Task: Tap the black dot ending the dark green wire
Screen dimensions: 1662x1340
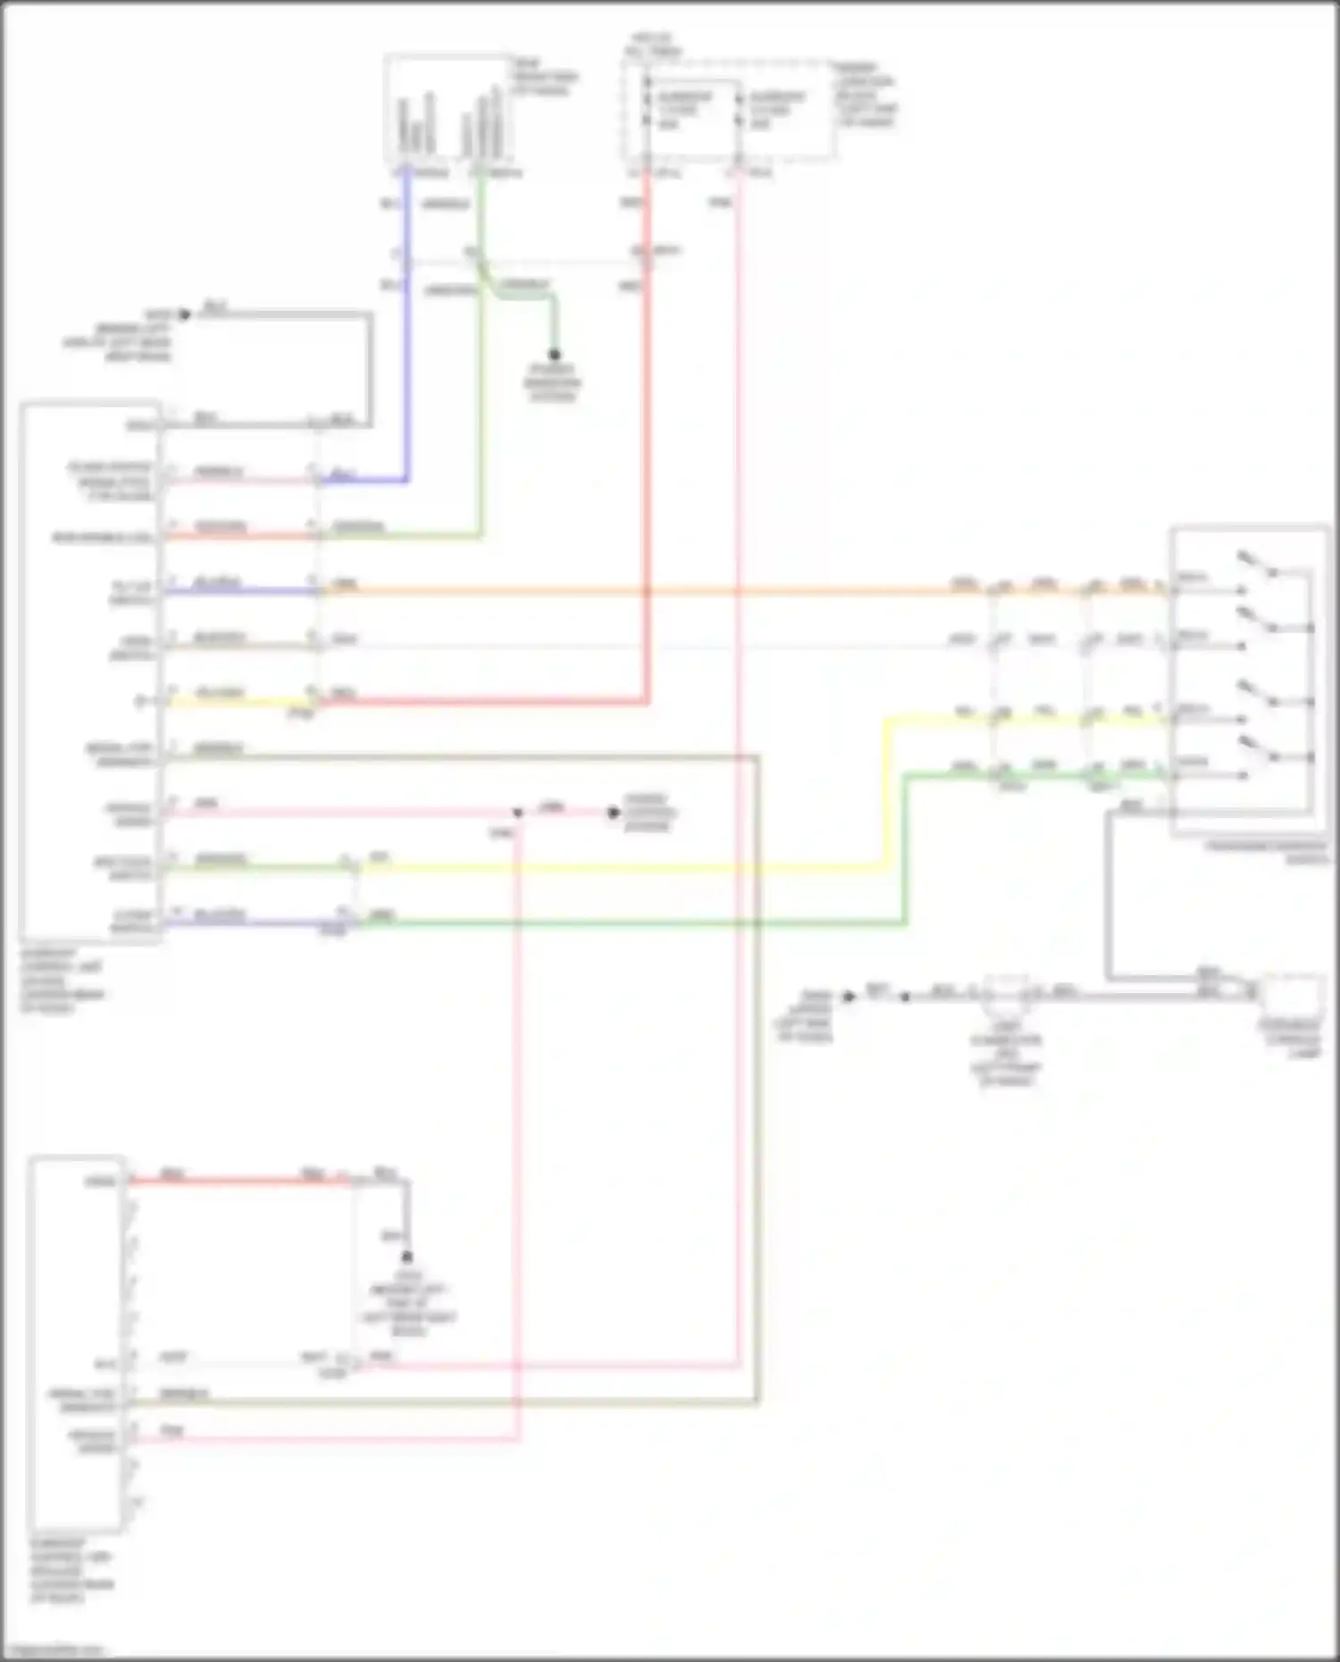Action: point(554,355)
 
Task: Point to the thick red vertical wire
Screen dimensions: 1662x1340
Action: point(647,447)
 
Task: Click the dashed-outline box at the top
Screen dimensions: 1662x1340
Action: point(728,111)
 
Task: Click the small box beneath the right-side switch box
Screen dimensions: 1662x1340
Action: point(1291,995)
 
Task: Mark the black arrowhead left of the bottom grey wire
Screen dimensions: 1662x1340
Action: point(850,995)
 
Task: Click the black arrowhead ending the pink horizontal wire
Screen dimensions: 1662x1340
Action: point(614,813)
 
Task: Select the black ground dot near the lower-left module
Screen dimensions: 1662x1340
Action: point(407,1257)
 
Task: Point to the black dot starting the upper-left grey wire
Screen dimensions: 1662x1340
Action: point(185,314)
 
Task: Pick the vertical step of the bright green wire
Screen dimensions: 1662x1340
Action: point(905,848)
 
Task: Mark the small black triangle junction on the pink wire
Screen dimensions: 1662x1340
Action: point(518,814)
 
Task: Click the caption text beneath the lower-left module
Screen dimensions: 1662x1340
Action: point(71,1569)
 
